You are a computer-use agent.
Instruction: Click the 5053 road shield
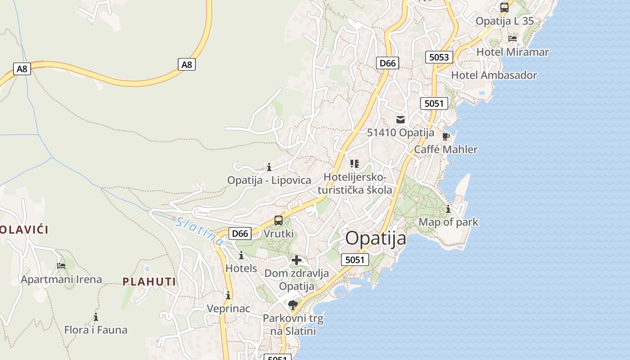pyautogui.click(x=439, y=57)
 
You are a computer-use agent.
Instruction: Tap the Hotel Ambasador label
pyautogui.click(x=494, y=75)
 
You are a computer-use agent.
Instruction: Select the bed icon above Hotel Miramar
pyautogui.click(x=512, y=39)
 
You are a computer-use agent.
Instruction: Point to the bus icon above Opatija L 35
pyautogui.click(x=504, y=8)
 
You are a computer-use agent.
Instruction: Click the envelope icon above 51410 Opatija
pyautogui.click(x=400, y=120)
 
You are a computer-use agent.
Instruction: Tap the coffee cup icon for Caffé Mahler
pyautogui.click(x=445, y=136)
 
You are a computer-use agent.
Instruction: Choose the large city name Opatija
pyautogui.click(x=376, y=238)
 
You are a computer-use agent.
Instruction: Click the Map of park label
pyautogui.click(x=448, y=222)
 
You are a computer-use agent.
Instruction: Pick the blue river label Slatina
pyautogui.click(x=200, y=231)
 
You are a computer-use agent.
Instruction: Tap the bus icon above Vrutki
pyautogui.click(x=279, y=220)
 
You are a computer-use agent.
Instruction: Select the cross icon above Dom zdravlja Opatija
pyautogui.click(x=297, y=260)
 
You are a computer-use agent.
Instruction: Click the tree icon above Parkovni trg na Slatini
pyautogui.click(x=292, y=305)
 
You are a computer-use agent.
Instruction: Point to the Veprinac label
pyautogui.click(x=228, y=309)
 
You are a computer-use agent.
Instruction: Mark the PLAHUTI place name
pyautogui.click(x=149, y=282)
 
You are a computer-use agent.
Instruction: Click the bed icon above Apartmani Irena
pyautogui.click(x=61, y=266)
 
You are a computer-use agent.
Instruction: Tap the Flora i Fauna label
pyautogui.click(x=96, y=330)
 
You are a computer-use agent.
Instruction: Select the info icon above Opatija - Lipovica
pyautogui.click(x=269, y=167)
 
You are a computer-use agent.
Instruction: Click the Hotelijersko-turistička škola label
pyautogui.click(x=355, y=184)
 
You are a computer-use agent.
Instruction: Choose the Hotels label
pyautogui.click(x=241, y=269)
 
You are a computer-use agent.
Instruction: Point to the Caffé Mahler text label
pyautogui.click(x=445, y=149)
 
